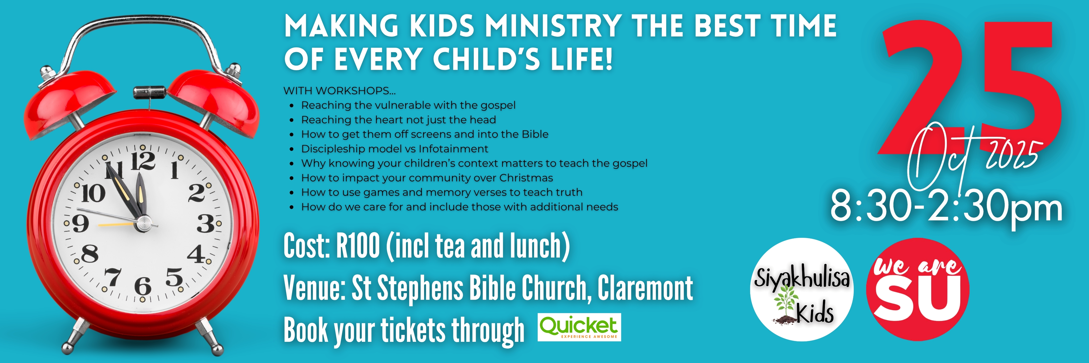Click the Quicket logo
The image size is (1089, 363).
tap(579, 327)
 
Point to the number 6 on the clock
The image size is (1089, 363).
tap(143, 286)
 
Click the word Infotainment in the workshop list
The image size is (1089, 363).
tap(453, 149)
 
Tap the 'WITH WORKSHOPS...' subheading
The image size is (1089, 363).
tap(339, 90)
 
